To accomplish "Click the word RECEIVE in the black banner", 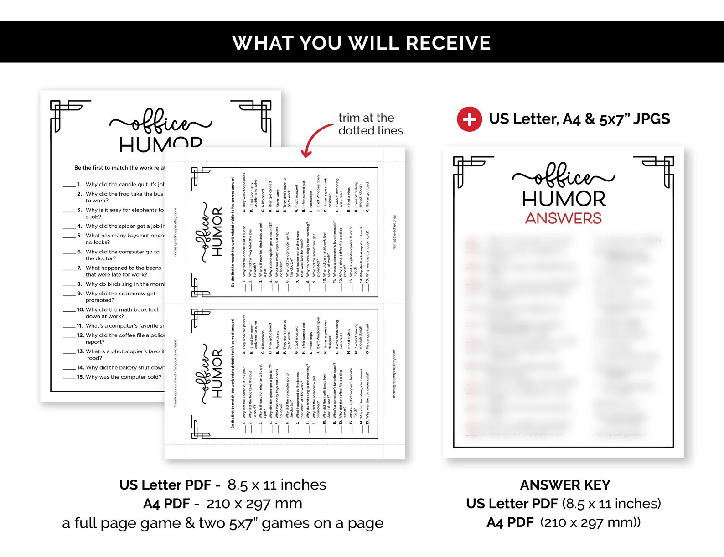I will point(448,43).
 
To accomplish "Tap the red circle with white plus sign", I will point(469,119).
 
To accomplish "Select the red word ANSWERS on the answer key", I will point(563,218).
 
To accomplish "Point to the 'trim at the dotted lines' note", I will point(370,124).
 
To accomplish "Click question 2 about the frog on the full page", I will point(124,197).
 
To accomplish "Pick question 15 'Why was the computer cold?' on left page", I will point(123,377).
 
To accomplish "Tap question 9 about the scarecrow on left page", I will point(120,297).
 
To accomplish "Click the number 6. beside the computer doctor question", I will point(79,252).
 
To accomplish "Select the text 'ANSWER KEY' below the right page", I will point(565,485).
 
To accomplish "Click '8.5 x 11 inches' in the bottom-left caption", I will point(277,485).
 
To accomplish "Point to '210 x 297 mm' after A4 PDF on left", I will point(254,504).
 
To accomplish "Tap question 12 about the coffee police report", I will point(124,338).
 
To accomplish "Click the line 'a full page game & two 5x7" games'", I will point(222,523).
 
